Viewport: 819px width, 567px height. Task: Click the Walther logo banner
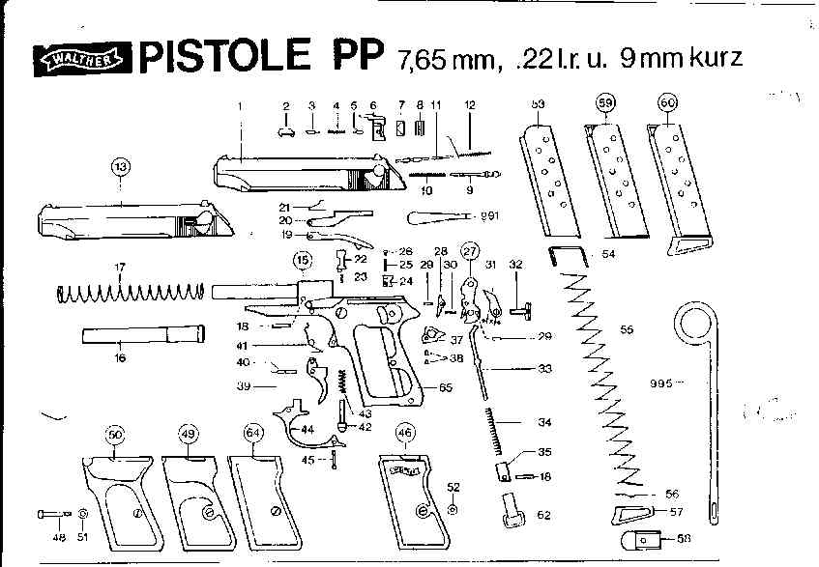(83, 60)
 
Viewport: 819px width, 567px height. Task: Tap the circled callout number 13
(120, 168)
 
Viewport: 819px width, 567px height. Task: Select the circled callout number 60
(667, 102)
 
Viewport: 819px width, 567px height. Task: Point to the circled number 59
(605, 102)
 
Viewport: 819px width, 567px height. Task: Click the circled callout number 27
(471, 250)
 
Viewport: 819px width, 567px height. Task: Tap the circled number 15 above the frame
(303, 260)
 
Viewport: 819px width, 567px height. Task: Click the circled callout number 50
(116, 436)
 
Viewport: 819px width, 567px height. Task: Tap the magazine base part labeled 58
(633, 540)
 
